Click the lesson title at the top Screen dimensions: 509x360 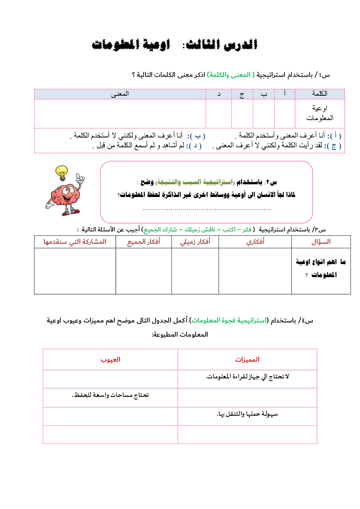pos(175,45)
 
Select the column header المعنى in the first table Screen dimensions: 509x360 pos(120,94)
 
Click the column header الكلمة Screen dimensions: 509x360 pos(320,94)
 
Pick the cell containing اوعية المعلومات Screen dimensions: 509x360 pos(320,113)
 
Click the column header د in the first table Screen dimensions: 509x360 pos(219,94)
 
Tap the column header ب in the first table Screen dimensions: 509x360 pos(264,94)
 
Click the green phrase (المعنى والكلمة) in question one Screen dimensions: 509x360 pos(231,75)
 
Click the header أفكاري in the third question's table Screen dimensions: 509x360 pos(255,242)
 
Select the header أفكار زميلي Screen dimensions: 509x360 pos(195,242)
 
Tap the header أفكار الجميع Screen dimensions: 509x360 pos(144,242)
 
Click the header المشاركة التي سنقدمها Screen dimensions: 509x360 pos(75,242)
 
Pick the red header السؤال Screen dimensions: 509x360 pos(321,242)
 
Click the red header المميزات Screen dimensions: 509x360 pos(247,360)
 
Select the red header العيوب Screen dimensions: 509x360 pos(110,360)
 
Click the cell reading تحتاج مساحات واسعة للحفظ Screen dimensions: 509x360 pos(110,395)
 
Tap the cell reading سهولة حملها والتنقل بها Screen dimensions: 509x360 pos(247,414)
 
